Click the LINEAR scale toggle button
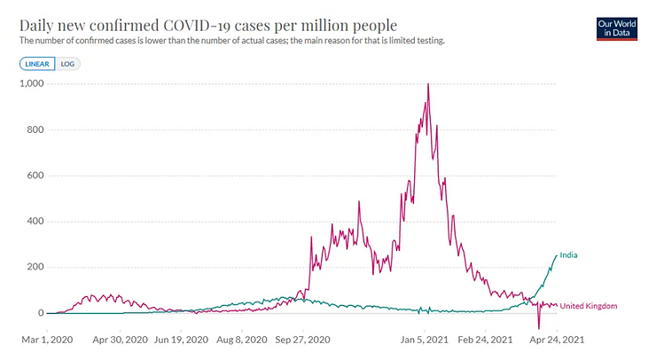coord(37,64)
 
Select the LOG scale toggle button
coord(67,64)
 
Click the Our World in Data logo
coord(619,27)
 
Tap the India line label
coord(568,255)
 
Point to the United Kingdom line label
coord(589,306)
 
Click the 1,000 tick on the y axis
coord(33,84)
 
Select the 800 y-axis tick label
coord(37,130)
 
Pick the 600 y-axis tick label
coord(37,176)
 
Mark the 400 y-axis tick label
coord(37,222)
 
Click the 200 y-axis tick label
coord(37,268)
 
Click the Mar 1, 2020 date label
coord(46,339)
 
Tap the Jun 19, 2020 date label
coord(181,339)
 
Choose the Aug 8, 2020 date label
coord(241,339)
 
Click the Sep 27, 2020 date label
coord(303,339)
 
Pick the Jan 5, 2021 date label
coord(428,339)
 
